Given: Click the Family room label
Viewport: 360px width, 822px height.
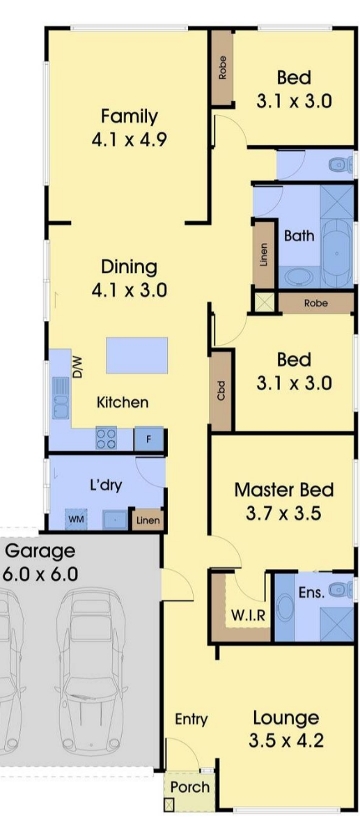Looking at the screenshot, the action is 129,116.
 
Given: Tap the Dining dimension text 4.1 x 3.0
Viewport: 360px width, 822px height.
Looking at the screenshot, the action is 129,290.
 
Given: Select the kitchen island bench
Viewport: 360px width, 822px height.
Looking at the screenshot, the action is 136,355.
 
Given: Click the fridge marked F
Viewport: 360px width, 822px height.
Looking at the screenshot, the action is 148,440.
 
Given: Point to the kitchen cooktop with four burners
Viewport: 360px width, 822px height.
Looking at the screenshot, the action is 107,438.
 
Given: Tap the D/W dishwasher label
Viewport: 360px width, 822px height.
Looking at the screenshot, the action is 77,367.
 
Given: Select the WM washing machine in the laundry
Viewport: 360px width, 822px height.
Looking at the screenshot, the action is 76,519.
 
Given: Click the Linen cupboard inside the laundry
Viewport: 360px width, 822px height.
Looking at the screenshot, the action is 148,520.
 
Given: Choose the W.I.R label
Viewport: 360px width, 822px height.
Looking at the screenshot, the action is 248,614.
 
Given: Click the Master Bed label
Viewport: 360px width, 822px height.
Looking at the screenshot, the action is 283,490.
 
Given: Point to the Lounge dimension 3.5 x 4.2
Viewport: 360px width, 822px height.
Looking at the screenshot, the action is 285,740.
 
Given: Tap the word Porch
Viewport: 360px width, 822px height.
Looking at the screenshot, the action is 189,787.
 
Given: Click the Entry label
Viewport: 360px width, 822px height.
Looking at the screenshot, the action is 191,719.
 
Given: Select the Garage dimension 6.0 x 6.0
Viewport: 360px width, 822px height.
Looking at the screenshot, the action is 40,574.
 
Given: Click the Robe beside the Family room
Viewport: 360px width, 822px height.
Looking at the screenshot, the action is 223,68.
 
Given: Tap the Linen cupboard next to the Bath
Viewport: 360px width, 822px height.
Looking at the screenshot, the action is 264,255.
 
